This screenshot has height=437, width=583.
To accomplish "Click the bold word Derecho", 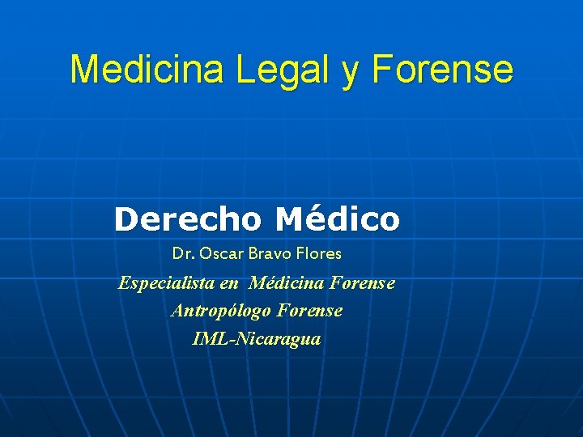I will pyautogui.click(x=188, y=218).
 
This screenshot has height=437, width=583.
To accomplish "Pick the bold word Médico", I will pyautogui.click(x=337, y=218).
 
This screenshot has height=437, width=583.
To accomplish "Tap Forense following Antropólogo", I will pyautogui.click(x=309, y=310).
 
